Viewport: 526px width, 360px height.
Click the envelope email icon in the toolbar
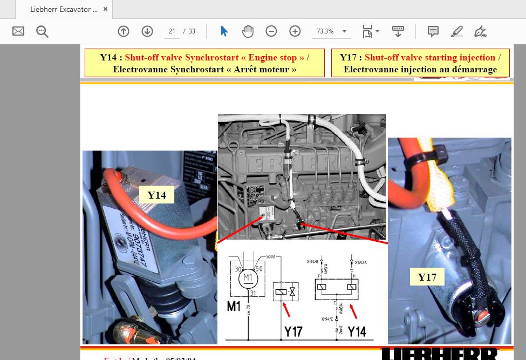pyautogui.click(x=18, y=31)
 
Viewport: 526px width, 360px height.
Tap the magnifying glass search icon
pyautogui.click(x=42, y=31)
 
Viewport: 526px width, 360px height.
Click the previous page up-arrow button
pyautogui.click(x=124, y=31)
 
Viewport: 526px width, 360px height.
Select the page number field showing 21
pyautogui.click(x=172, y=31)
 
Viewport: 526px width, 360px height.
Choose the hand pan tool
pyautogui.click(x=248, y=31)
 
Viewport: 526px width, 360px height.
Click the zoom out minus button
pyautogui.click(x=271, y=31)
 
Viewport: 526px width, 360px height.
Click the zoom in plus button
pyautogui.click(x=295, y=31)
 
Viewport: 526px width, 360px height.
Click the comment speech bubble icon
pyautogui.click(x=433, y=31)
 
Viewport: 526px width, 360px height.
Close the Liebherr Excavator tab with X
pyautogui.click(x=105, y=10)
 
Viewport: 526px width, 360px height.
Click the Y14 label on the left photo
pyautogui.click(x=156, y=195)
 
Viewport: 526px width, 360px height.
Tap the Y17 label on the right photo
pyautogui.click(x=427, y=277)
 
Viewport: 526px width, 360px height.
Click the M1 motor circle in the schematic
pyautogui.click(x=248, y=277)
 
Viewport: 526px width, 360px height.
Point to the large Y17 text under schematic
pyautogui.click(x=293, y=331)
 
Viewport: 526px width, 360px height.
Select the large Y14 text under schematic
pyautogui.click(x=357, y=331)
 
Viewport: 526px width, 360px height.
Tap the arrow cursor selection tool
pyautogui.click(x=224, y=31)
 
